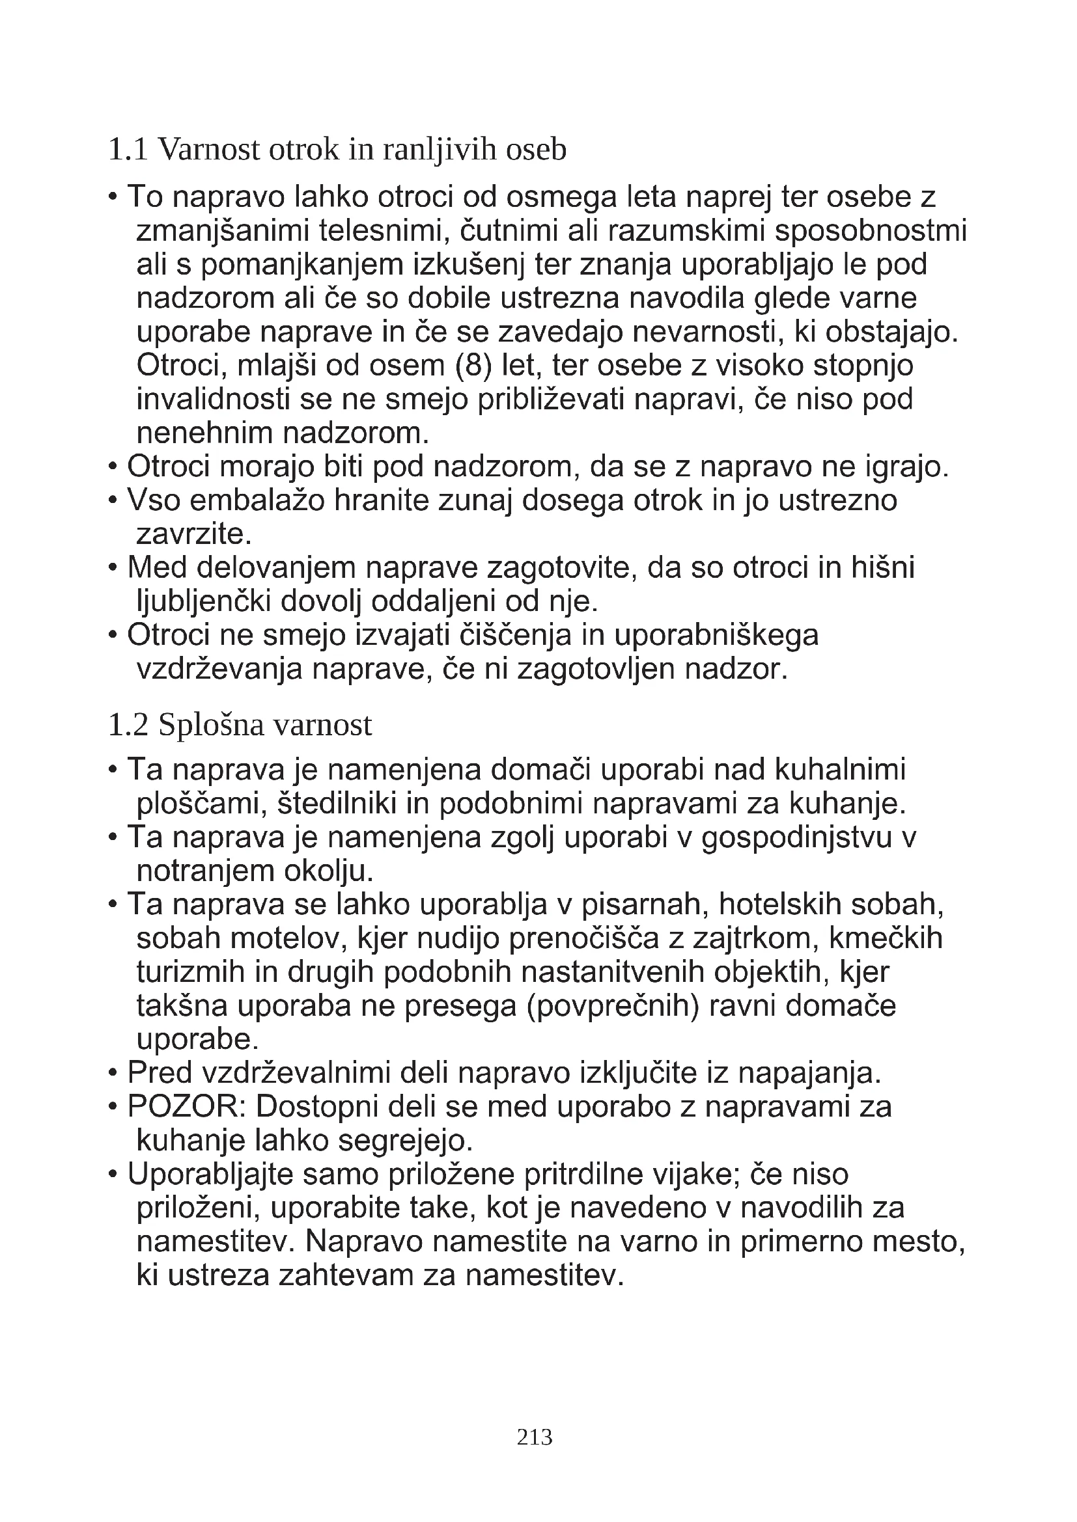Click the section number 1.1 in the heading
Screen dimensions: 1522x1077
click(128, 150)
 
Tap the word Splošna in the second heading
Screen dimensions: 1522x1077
click(211, 725)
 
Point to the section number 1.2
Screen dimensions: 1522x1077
click(128, 725)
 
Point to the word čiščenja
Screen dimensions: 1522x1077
click(517, 635)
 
